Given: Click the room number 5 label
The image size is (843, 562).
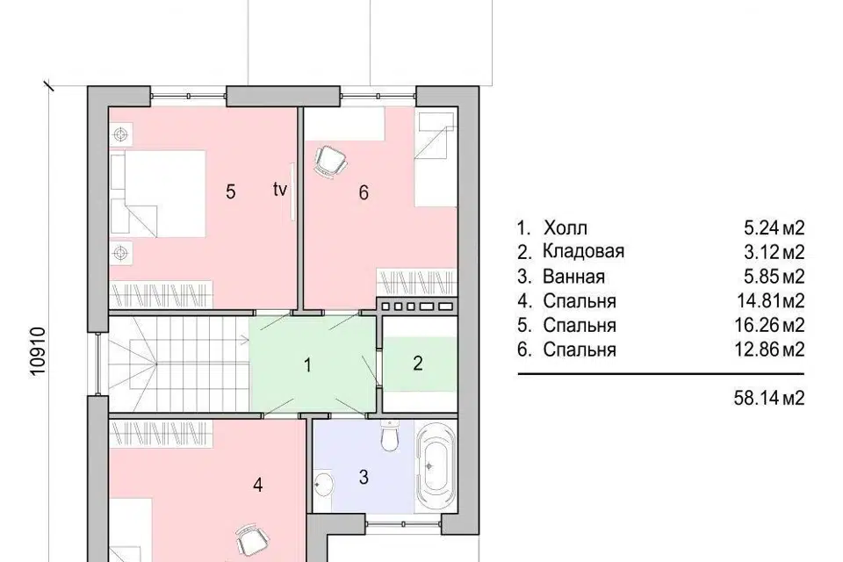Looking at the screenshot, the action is coord(231,191).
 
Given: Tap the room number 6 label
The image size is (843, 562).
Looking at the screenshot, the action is coord(364,192).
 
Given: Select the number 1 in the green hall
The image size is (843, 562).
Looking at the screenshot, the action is coord(307,365).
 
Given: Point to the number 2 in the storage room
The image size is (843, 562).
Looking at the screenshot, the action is coord(418,364).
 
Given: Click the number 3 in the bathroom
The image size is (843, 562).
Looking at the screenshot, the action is coord(364,477).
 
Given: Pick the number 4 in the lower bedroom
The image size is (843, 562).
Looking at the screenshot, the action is coord(257,485).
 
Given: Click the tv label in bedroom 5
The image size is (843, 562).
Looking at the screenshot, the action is coord(279,190).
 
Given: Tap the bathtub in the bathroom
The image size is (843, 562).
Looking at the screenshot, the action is coord(436,466).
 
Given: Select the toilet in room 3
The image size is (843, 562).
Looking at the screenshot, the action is coord(389,436).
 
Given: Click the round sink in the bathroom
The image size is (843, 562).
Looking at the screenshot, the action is coord(323,484).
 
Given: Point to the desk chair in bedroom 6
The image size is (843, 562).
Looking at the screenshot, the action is coord(331,161).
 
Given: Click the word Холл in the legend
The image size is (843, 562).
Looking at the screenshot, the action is coord(565,228).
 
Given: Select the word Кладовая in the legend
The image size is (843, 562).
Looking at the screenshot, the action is coord(583,252).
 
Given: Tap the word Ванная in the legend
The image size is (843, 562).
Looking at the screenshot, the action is coord(573,277).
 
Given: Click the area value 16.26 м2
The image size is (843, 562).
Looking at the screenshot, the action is coord(769,326).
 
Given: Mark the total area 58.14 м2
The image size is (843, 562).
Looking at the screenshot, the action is coord(769,398).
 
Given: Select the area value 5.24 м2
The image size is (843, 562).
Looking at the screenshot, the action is coord(775,228).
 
